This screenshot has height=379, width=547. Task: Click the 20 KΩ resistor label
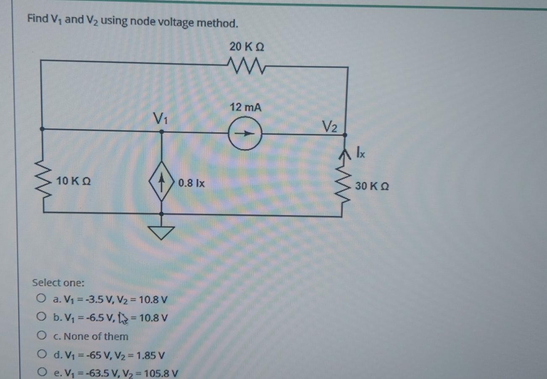point(247,46)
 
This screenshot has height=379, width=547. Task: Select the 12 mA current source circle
point(245,134)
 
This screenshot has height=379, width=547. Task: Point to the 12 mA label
point(245,108)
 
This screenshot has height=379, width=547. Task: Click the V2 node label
point(330,126)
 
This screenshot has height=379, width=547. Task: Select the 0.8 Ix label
point(191,183)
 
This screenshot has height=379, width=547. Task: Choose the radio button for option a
point(40,299)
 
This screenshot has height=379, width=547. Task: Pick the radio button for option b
point(40,317)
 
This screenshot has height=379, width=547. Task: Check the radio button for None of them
point(40,336)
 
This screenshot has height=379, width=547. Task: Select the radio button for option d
point(40,355)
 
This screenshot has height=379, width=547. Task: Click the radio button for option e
point(40,372)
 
